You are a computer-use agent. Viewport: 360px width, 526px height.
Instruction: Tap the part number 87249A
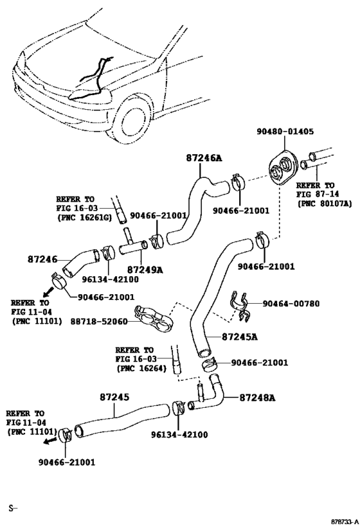click(145, 270)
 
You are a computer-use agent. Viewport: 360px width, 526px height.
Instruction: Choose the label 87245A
click(240, 336)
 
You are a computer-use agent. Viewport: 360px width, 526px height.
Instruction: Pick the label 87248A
click(257, 398)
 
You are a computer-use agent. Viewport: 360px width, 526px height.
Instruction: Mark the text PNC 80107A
click(325, 204)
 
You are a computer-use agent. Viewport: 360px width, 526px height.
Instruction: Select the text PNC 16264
click(141, 369)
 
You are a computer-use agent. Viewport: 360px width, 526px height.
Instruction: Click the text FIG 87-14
click(318, 193)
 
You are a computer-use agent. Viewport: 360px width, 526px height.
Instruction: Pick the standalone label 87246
click(43, 259)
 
